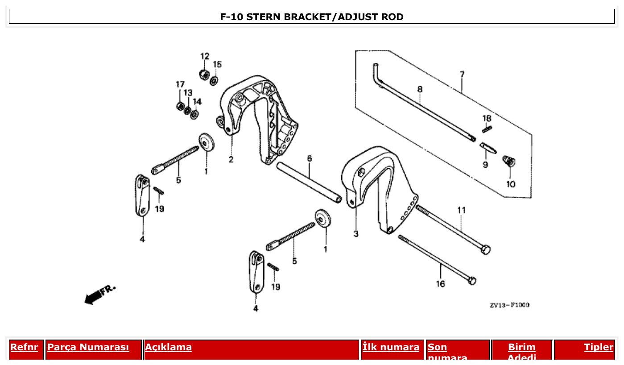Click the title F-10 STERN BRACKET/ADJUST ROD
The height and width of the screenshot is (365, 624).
click(312, 17)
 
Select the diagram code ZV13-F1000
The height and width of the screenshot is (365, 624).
click(509, 305)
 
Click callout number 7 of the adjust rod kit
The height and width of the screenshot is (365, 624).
click(462, 75)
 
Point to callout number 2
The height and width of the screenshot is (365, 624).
click(231, 160)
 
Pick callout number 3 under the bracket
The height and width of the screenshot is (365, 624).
click(356, 234)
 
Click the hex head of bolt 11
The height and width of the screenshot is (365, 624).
click(486, 249)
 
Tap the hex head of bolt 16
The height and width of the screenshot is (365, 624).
click(472, 281)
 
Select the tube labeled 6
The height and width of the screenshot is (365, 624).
click(309, 183)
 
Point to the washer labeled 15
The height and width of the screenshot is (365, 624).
click(214, 81)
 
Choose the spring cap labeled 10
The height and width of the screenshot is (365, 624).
click(508, 161)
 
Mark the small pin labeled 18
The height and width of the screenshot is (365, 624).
click(487, 129)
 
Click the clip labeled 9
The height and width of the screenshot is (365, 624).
click(488, 148)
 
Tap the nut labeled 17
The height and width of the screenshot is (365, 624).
click(180, 106)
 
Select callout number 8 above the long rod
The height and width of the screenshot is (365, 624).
click(420, 89)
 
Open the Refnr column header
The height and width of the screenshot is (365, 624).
click(24, 347)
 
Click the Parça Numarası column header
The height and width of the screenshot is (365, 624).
click(88, 347)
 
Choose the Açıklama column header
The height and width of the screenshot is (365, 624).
click(169, 347)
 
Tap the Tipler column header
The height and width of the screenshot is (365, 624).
click(599, 347)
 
